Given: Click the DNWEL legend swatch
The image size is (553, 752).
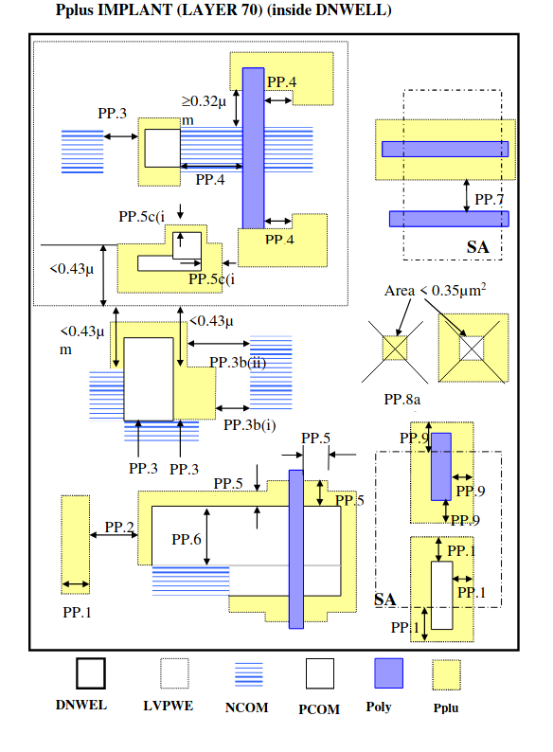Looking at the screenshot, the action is point(91,672).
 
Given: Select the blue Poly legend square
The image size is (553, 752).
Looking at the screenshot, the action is point(388,672).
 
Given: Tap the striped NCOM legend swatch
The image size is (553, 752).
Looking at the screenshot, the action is point(248,673).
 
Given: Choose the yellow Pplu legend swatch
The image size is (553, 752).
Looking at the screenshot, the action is point(447,674).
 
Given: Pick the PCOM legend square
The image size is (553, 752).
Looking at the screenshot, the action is point(320,673).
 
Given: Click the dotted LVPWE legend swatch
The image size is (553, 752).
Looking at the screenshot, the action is point(174,672).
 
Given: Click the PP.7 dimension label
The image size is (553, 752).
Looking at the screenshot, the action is point(490,199).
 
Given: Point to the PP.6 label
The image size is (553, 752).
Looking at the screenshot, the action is point(187,540).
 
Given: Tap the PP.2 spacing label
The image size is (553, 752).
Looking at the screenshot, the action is point(119,527).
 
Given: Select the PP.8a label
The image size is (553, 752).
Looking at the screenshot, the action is point(401,399).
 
